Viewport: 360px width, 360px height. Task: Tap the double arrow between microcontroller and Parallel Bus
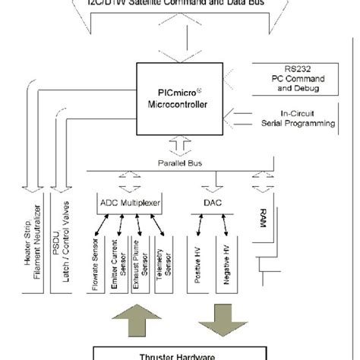(180, 145)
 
